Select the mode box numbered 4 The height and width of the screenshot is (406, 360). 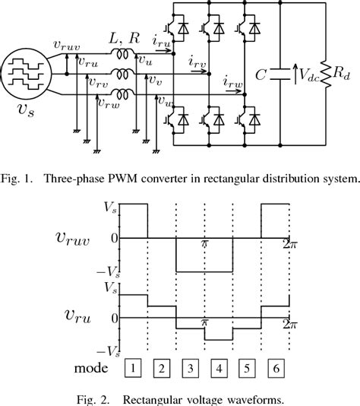coord(219,370)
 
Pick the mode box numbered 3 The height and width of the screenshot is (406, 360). coord(191,370)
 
